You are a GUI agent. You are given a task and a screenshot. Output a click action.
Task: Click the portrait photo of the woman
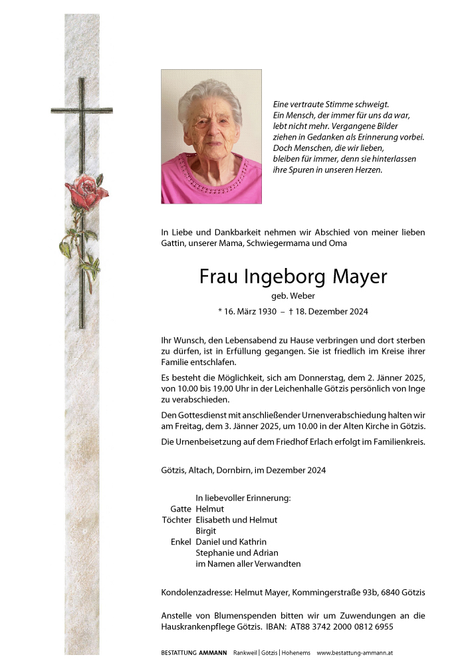pyautogui.click(x=211, y=136)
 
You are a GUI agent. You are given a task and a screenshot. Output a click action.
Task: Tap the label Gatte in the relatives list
pyautogui.click(x=181, y=509)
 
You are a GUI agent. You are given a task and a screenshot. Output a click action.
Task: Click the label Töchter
pyautogui.click(x=177, y=520)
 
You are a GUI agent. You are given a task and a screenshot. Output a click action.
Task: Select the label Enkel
pyautogui.click(x=181, y=542)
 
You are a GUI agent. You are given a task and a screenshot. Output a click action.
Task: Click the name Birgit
pyautogui.click(x=207, y=531)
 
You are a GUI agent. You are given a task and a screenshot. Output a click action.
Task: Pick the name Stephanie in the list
pyautogui.click(x=216, y=553)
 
